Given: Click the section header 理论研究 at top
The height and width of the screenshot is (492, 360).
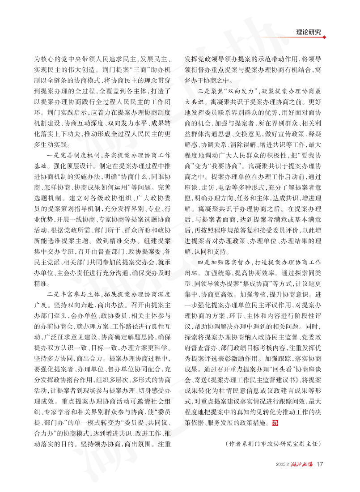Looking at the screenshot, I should (x=312, y=32).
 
